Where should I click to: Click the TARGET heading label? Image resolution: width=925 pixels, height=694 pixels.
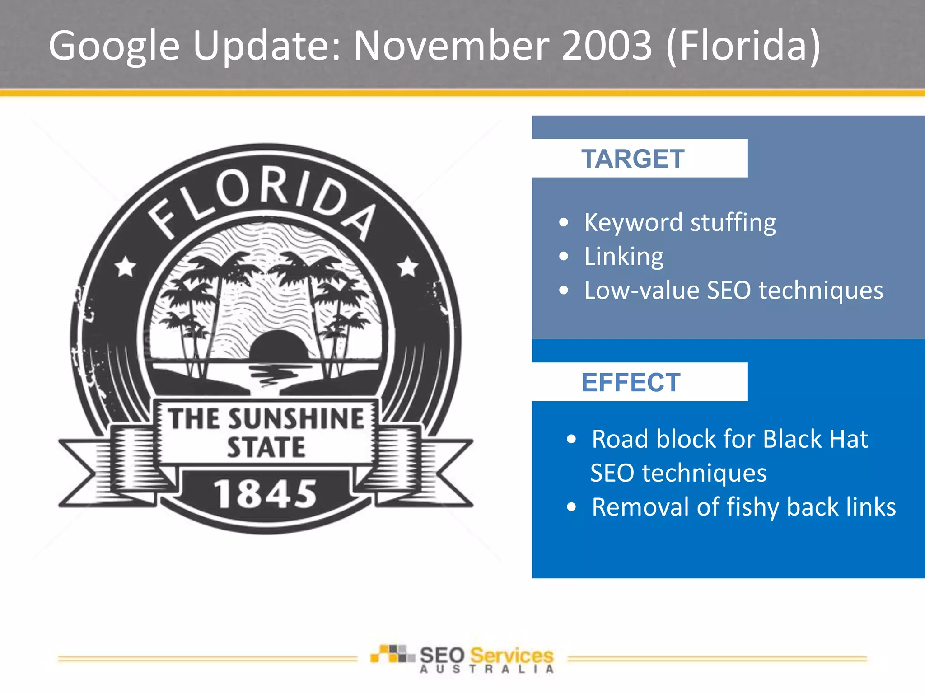click(633, 159)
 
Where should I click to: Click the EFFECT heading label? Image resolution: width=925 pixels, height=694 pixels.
click(631, 382)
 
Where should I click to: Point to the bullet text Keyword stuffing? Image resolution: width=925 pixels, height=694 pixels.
click(680, 222)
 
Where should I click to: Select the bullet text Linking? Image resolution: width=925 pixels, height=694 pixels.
click(624, 256)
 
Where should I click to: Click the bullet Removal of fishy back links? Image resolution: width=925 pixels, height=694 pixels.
click(743, 506)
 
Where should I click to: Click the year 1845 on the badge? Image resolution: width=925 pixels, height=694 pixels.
click(266, 494)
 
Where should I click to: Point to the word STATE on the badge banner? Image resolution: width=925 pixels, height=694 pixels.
click(266, 447)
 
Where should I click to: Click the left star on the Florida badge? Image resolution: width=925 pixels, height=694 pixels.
click(125, 267)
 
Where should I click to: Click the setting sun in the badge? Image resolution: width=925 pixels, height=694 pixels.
click(279, 346)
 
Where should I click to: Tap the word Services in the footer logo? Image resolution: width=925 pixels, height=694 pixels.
click(512, 655)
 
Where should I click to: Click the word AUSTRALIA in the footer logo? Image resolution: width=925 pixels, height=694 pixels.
click(486, 669)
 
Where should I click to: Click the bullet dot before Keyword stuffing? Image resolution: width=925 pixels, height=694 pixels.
click(563, 222)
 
